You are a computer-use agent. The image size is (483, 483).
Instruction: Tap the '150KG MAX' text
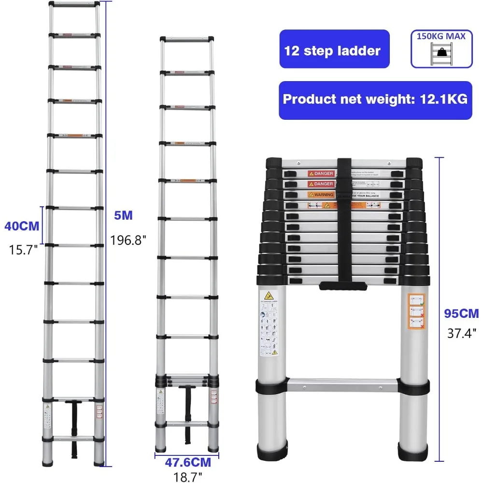tap(441, 36)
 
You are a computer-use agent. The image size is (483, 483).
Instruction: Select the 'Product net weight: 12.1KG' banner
tap(375, 99)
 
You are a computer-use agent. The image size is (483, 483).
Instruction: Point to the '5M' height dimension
tap(124, 215)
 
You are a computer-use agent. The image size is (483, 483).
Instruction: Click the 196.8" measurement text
tap(128, 240)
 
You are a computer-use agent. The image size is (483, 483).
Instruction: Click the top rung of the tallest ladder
tap(74, 4)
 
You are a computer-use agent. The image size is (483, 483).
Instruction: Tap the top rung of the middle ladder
tap(186, 39)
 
